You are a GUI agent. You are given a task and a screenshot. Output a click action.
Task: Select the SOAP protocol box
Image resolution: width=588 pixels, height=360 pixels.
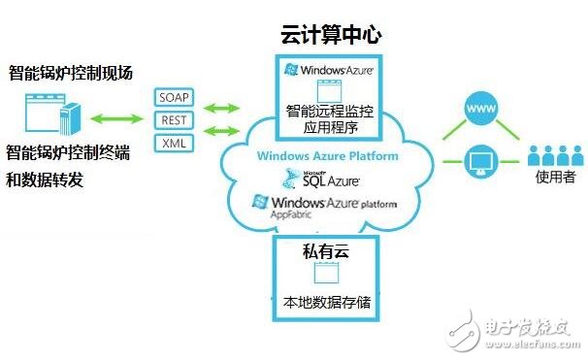coord(175,98)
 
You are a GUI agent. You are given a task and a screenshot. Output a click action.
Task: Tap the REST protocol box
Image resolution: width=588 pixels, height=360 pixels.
coord(175,121)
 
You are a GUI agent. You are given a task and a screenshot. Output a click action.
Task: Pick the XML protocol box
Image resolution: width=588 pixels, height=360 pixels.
coord(175,145)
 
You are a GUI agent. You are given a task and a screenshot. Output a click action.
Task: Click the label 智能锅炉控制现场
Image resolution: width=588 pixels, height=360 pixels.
coord(70,73)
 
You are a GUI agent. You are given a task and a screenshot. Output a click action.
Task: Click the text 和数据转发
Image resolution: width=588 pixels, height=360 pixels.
coord(48,179)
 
